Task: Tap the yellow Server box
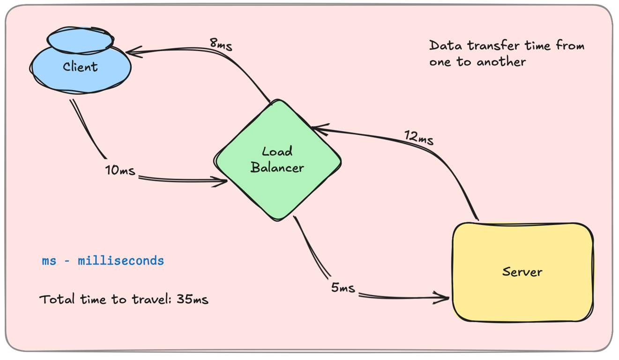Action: click(522, 272)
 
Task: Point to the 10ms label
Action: click(120, 170)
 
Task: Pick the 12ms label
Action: click(419, 137)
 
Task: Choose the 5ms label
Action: click(343, 287)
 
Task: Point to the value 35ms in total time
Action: click(193, 300)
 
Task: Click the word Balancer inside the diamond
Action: click(277, 168)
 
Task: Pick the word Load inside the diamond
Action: click(277, 151)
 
